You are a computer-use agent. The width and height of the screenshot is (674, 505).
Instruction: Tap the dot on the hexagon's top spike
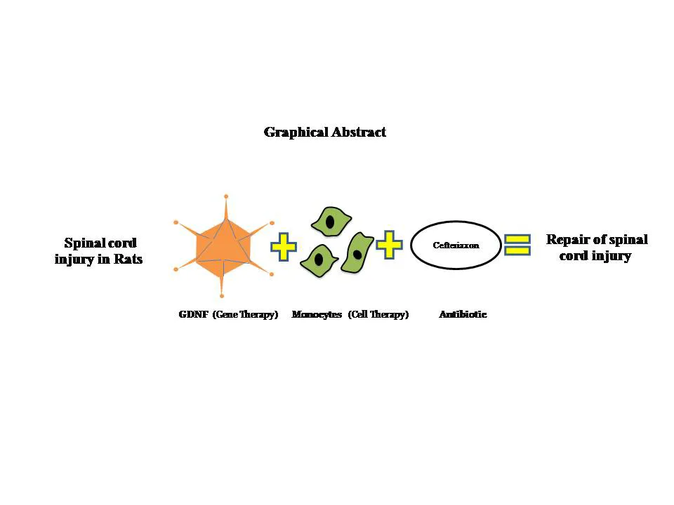(226, 196)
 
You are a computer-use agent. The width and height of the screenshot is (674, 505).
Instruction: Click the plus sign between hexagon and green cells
(283, 247)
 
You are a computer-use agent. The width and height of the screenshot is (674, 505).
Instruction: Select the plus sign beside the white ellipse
(389, 245)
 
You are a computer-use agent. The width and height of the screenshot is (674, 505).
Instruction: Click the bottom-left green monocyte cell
(319, 260)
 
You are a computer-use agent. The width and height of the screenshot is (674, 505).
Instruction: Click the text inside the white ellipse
(456, 245)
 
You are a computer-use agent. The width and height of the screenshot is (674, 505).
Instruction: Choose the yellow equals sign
(517, 245)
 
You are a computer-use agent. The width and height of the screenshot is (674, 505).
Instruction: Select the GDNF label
(193, 315)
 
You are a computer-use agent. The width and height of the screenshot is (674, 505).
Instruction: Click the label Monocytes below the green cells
(316, 315)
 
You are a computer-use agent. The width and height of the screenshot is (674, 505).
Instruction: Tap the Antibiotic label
(463, 315)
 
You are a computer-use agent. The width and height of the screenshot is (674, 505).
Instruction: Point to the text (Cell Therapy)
(378, 315)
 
